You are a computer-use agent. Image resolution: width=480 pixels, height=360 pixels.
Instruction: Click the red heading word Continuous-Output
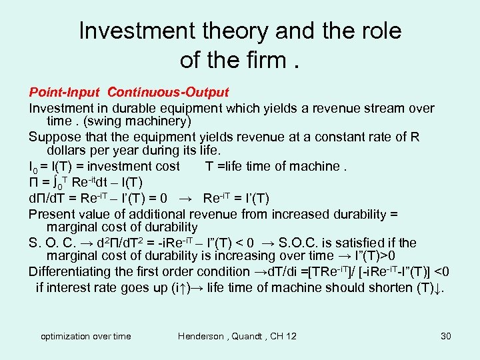point(168,92)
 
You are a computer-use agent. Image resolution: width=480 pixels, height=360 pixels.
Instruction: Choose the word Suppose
point(55,137)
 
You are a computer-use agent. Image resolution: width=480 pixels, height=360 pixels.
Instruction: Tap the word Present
point(52,215)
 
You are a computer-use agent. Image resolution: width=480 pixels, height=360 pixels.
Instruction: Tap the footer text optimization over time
point(86,336)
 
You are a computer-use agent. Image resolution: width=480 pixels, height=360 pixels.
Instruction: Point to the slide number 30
point(446,336)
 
